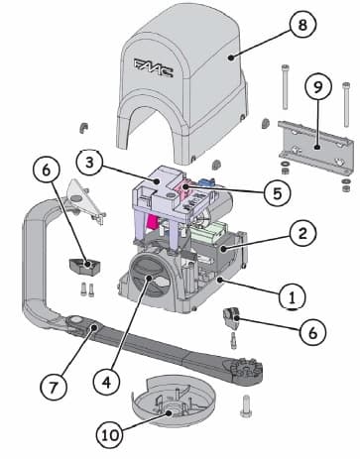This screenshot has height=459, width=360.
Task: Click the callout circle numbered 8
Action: [x=302, y=25]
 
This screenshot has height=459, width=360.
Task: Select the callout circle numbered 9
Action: [x=317, y=86]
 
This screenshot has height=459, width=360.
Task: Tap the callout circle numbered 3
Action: [x=89, y=164]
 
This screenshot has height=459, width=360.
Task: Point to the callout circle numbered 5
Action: [x=278, y=192]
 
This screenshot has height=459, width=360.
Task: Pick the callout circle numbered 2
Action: [x=302, y=233]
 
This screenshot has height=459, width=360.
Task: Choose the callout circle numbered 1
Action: [x=293, y=296]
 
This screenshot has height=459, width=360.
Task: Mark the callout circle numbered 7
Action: [x=54, y=387]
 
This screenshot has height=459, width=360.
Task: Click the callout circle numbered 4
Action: [x=106, y=382]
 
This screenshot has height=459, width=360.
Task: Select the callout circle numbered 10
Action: [x=110, y=435]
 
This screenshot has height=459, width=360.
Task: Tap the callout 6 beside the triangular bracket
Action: [x=46, y=171]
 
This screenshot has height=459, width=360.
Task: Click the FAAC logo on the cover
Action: [x=154, y=67]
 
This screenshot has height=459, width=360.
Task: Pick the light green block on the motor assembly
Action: [x=209, y=231]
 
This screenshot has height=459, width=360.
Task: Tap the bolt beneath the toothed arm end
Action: [x=245, y=405]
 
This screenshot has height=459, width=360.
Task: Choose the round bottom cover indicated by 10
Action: [x=174, y=401]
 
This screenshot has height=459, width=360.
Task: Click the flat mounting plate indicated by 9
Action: [x=315, y=148]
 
